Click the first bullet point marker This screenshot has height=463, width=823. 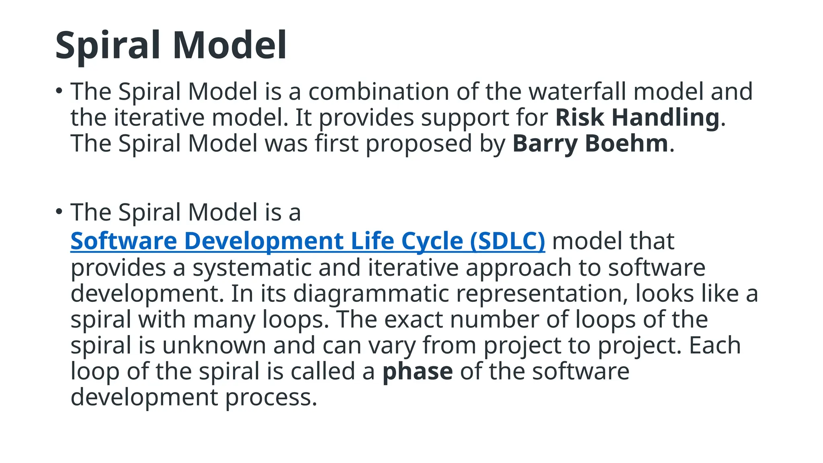coord(59,91)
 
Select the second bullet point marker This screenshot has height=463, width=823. coord(59,211)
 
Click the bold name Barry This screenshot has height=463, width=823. coord(545,143)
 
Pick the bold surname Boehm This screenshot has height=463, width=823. coord(626,143)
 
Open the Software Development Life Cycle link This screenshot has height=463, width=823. coord(265,241)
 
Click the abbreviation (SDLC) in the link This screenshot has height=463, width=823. coord(507,241)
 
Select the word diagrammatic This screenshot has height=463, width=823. coord(371,294)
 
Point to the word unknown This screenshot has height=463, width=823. coord(214,345)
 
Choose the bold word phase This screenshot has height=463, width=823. coord(418,371)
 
